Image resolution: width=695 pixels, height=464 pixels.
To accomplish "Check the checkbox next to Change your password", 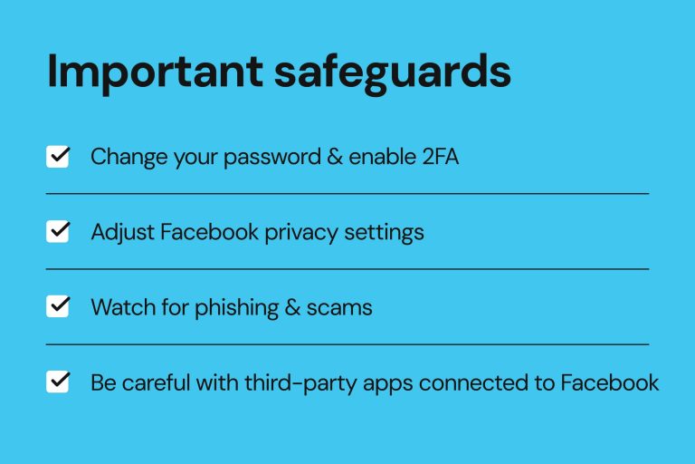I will click(x=58, y=157).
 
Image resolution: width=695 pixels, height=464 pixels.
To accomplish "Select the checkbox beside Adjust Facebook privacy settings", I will click(x=58, y=232).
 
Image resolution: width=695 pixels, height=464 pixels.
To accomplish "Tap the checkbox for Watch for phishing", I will click(x=58, y=307).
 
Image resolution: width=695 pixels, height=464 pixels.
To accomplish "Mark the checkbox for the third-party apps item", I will click(x=58, y=382).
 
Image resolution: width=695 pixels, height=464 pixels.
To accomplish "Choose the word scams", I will click(x=340, y=307).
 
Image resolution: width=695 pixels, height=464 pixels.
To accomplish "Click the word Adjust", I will click(x=122, y=232).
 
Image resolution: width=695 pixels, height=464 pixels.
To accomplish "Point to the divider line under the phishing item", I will click(x=347, y=344).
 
